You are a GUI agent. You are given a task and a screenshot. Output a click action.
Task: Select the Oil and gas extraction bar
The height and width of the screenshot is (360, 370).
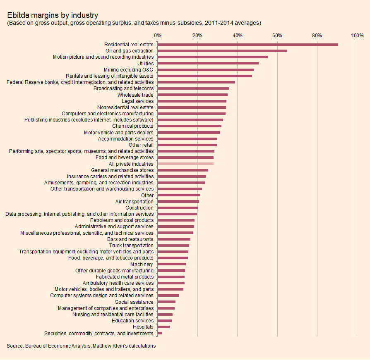(x=222, y=51)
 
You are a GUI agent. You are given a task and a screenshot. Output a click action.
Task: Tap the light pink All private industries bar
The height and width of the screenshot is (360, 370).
(x=185, y=164)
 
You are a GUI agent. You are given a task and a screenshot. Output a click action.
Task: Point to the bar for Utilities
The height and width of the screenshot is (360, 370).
(x=208, y=63)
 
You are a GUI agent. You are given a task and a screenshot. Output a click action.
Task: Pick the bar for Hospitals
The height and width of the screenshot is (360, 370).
(x=163, y=327)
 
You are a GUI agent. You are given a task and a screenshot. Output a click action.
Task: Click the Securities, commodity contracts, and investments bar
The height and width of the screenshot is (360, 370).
(x=160, y=333)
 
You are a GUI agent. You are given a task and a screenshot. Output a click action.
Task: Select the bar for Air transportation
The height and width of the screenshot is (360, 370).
(x=178, y=202)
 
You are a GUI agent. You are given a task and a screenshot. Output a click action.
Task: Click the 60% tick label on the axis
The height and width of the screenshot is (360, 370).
(x=277, y=36)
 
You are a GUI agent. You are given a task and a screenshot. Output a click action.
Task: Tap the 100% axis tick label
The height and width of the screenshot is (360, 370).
(x=357, y=36)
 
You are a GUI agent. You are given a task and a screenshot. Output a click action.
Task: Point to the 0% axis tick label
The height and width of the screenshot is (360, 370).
(x=157, y=36)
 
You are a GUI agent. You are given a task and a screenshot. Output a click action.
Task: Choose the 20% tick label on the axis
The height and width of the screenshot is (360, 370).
(x=197, y=36)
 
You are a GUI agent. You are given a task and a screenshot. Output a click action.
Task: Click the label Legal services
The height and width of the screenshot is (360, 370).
(x=137, y=101)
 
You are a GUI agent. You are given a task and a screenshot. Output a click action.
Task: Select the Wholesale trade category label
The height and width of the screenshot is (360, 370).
(x=135, y=95)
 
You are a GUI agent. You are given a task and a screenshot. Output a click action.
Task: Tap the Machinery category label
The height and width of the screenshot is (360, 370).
(x=142, y=265)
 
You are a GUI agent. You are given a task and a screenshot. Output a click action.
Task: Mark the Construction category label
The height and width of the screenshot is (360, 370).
(x=139, y=208)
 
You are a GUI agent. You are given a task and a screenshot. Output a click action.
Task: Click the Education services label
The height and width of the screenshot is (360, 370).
(x=132, y=321)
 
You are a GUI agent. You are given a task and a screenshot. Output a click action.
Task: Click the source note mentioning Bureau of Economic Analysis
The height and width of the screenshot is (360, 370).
(x=81, y=346)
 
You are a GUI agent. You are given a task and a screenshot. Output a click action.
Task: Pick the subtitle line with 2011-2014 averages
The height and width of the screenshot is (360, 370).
(x=134, y=23)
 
